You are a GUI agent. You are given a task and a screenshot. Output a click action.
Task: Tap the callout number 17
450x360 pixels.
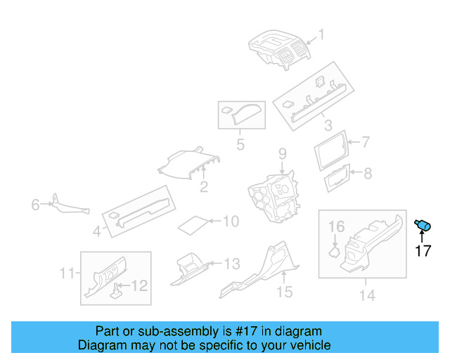tap(423, 250)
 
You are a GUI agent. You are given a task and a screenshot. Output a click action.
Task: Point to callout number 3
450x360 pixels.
tap(328, 126)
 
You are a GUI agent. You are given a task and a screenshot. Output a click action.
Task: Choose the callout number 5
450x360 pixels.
tap(240, 146)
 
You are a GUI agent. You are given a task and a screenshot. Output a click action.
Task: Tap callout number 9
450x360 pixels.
tap(282, 153)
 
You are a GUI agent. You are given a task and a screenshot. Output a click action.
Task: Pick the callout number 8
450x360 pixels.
tap(366, 172)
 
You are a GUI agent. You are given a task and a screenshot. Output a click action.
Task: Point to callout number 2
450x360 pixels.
tap(203, 187)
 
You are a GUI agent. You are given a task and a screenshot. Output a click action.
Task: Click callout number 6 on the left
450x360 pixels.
tap(35, 205)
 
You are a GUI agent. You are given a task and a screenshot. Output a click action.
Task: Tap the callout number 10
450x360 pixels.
tap(231, 221)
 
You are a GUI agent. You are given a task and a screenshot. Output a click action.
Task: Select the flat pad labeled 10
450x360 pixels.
tap(193, 225)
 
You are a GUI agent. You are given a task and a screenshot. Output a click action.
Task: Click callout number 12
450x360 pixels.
tap(140, 285)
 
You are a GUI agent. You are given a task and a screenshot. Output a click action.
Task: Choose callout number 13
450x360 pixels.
tap(231, 264)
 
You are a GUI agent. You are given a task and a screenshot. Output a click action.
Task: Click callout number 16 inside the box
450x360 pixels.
tap(337, 226)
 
